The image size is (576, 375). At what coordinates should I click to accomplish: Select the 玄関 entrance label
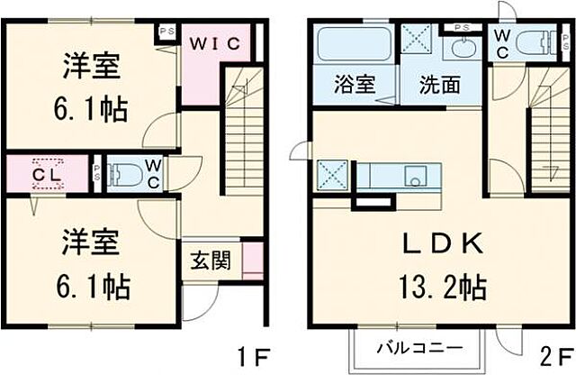click(210, 261)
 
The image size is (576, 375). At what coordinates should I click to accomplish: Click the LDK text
click(443, 242)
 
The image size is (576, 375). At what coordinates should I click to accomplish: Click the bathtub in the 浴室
click(355, 43)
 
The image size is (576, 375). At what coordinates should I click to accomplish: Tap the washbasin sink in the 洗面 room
click(465, 48)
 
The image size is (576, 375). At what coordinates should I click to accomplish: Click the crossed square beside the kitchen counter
click(329, 172)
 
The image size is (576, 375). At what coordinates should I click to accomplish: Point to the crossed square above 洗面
click(418, 41)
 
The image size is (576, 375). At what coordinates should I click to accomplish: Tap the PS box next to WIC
click(166, 29)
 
